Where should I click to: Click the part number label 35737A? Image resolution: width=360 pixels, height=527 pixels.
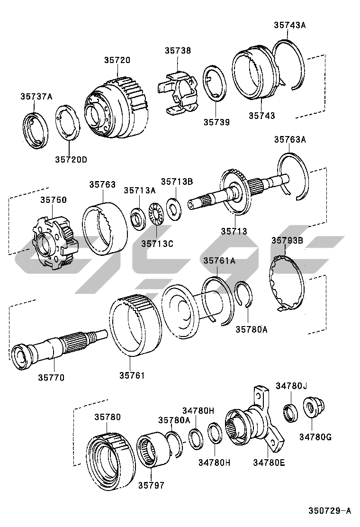(36, 97)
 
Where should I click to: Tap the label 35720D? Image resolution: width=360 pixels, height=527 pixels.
(71, 159)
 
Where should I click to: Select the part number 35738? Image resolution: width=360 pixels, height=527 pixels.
(178, 50)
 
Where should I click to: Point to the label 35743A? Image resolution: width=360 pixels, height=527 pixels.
(289, 25)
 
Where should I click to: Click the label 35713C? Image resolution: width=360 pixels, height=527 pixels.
(157, 243)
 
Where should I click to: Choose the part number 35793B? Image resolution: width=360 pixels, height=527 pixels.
(287, 240)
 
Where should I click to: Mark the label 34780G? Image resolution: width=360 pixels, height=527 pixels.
(315, 437)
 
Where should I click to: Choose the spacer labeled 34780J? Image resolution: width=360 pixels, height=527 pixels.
(290, 411)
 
